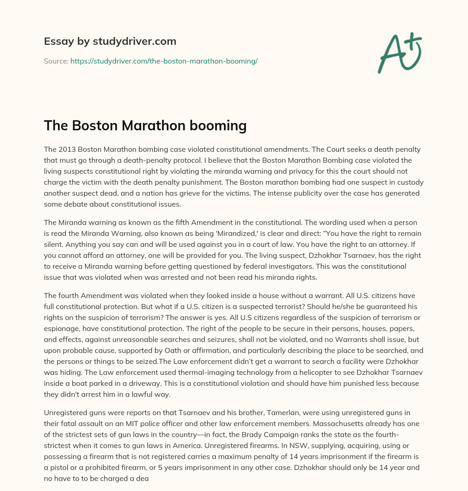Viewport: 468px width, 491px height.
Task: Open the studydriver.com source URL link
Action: click(x=164, y=61)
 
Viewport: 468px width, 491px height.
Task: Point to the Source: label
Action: click(x=56, y=61)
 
